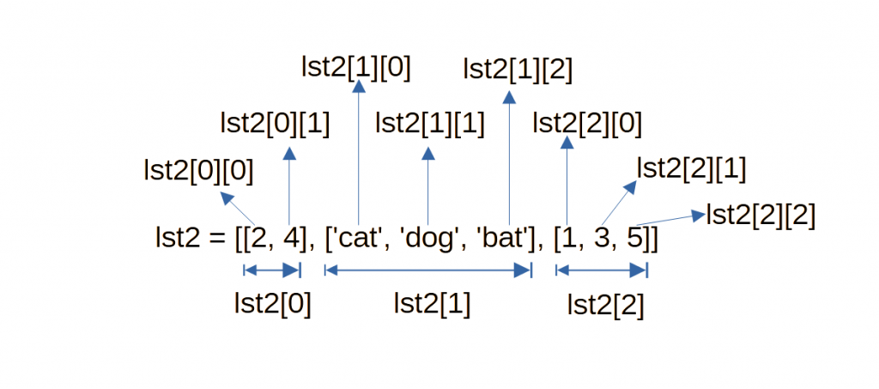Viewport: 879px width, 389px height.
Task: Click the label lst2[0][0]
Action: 199,171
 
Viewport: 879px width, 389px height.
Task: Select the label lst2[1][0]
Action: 356,68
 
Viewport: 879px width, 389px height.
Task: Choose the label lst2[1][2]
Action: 518,68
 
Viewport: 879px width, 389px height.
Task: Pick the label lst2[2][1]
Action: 691,168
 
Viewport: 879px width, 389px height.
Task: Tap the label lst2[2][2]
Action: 761,215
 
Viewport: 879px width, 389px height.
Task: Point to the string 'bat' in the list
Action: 499,238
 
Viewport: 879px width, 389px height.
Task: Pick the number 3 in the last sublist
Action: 601,238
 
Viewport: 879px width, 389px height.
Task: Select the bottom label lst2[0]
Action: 272,303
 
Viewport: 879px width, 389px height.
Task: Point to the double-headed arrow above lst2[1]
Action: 427,270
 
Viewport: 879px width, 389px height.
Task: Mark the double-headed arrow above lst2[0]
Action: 272,270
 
